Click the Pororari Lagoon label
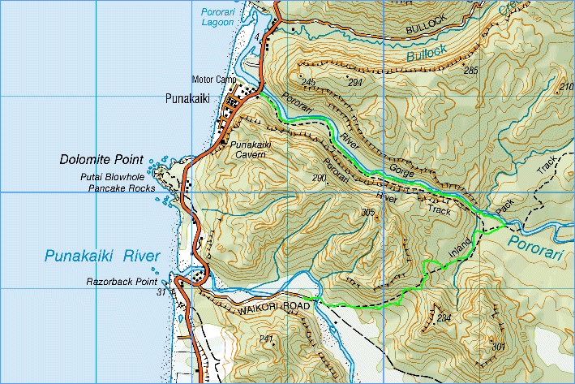click(217, 17)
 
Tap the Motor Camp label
click(214, 80)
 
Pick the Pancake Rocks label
click(117, 188)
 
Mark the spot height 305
click(369, 213)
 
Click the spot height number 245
click(307, 82)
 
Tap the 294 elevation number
click(354, 83)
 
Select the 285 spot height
click(471, 71)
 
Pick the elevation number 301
click(498, 347)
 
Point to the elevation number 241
click(265, 338)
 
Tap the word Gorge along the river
click(401, 170)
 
